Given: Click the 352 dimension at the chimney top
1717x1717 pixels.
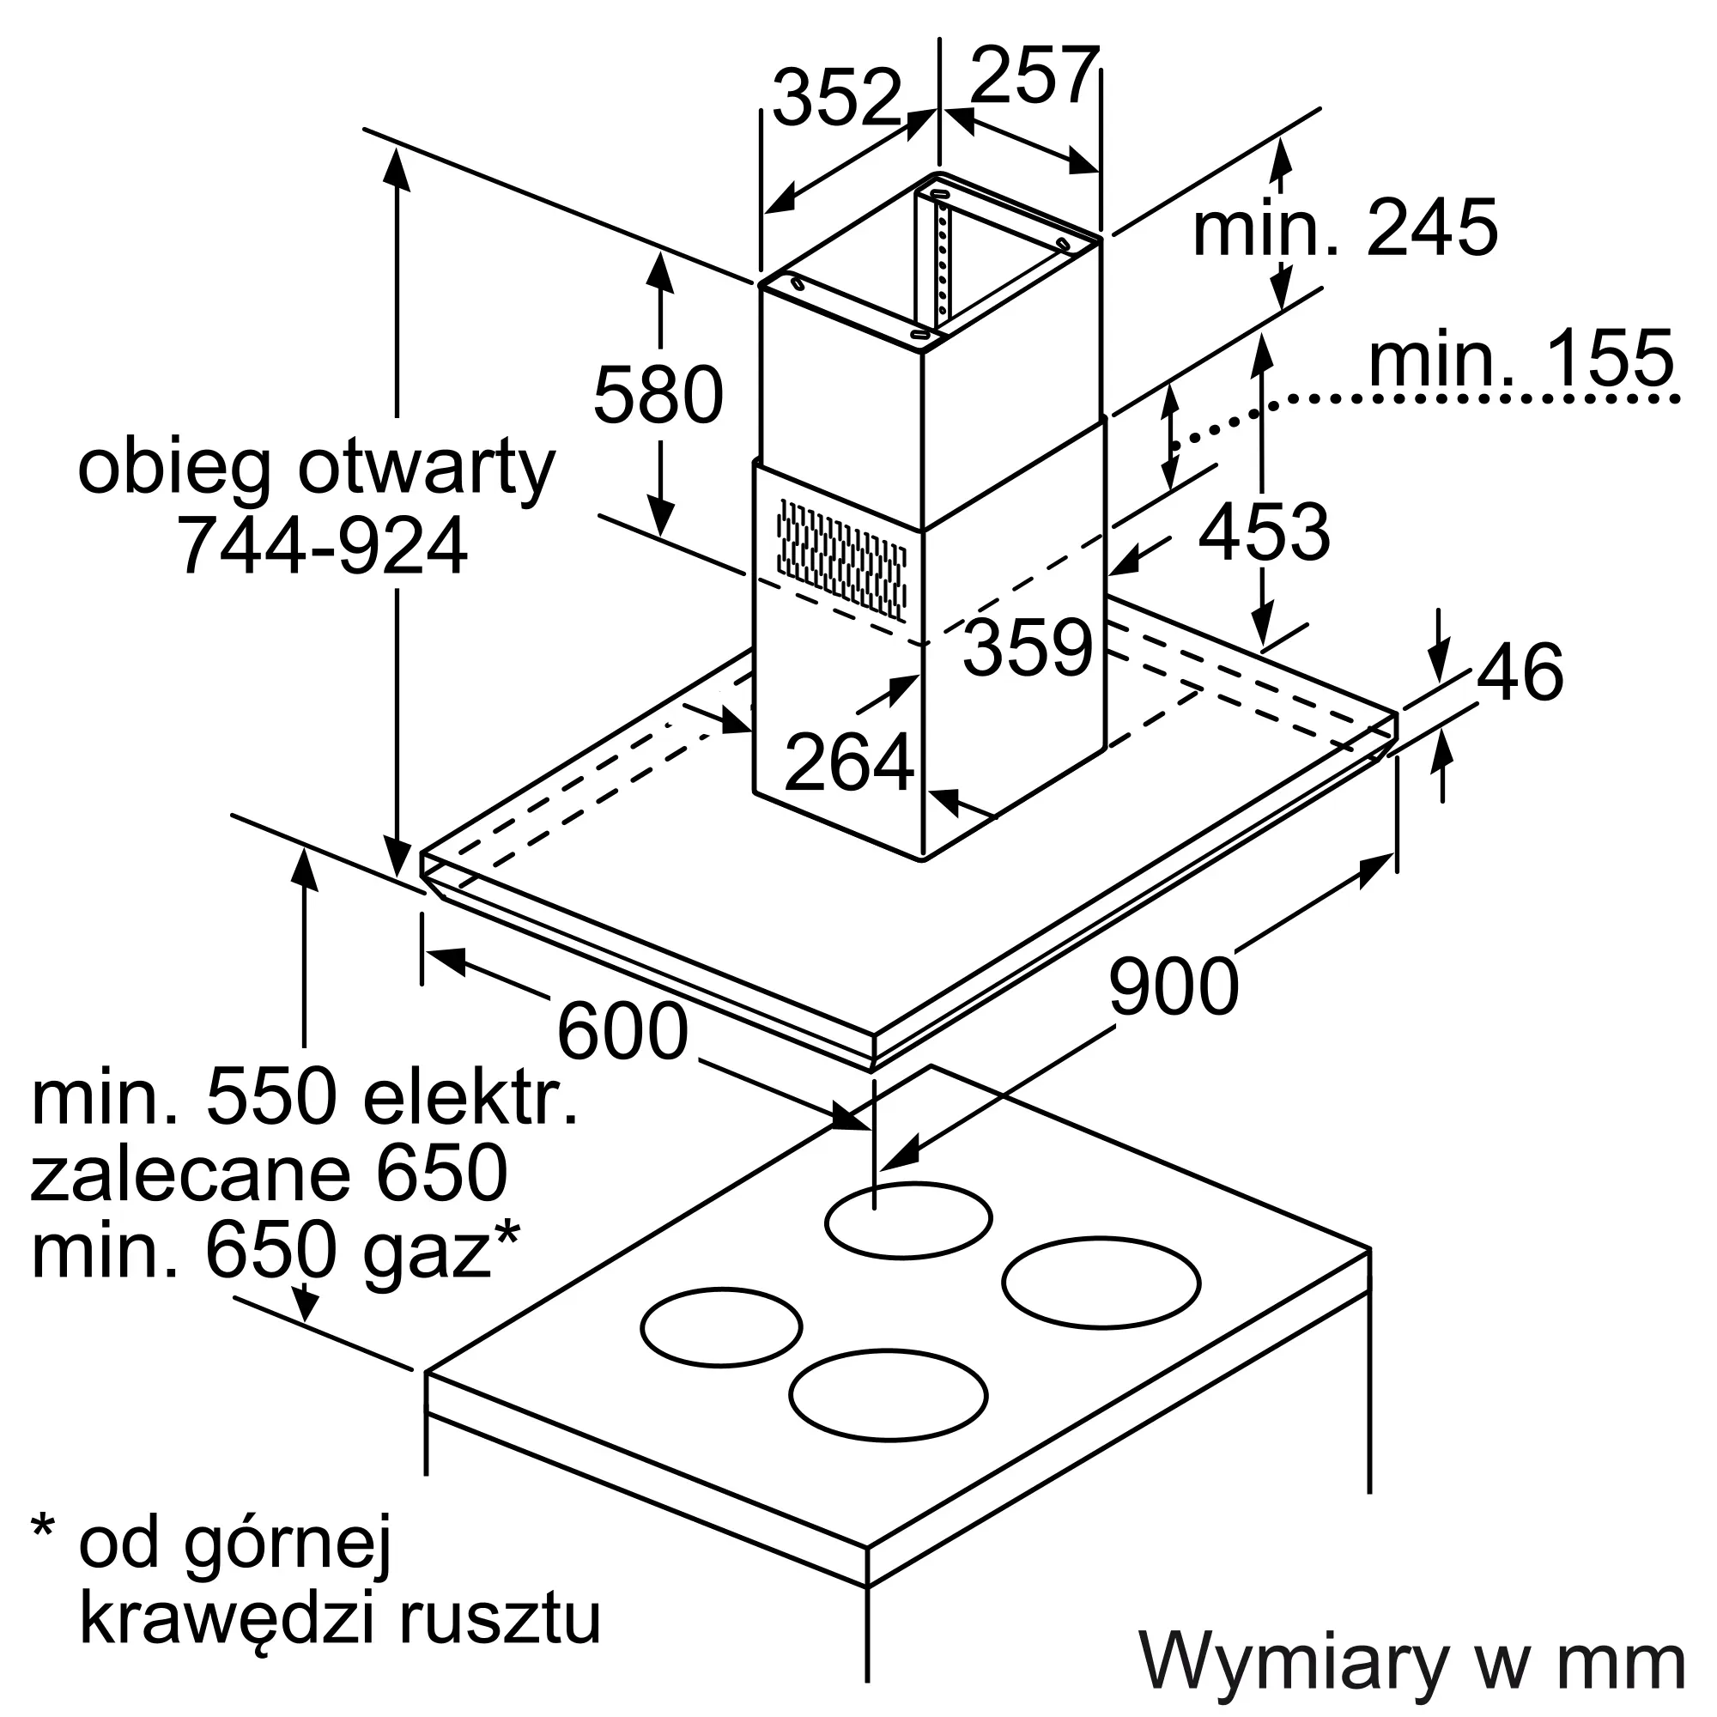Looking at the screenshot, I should pyautogui.click(x=836, y=98).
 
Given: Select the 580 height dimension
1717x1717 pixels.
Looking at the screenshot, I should pyautogui.click(x=658, y=396).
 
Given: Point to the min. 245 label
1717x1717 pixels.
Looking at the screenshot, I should pyautogui.click(x=1344, y=228).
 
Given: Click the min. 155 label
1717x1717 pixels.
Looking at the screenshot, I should pyautogui.click(x=1520, y=358).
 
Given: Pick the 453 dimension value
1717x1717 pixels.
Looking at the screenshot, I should pyautogui.click(x=1264, y=532).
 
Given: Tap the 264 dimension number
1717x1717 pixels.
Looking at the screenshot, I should pyautogui.click(x=849, y=761).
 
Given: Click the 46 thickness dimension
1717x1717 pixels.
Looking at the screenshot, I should pyautogui.click(x=1520, y=672).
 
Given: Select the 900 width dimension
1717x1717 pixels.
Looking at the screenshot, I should pyautogui.click(x=1172, y=986).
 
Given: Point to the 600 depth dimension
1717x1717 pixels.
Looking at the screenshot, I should pyautogui.click(x=622, y=1031).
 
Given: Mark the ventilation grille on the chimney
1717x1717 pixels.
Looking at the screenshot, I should pyautogui.click(x=840, y=558).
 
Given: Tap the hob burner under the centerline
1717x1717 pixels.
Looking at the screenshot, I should pyautogui.click(x=907, y=1219).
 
